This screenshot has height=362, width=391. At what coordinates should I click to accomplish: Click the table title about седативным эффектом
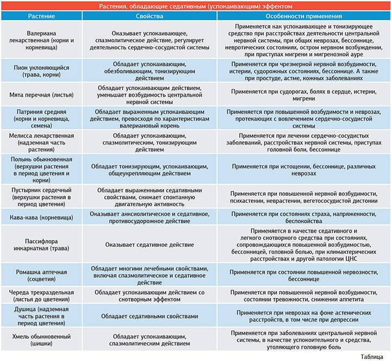(195, 5)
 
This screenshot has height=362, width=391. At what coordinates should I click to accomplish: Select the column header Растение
(41, 16)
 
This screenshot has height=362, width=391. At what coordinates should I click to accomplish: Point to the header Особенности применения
(303, 16)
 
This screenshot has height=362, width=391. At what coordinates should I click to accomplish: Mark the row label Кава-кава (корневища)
(41, 217)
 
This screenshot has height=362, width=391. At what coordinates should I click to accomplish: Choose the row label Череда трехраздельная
(41, 296)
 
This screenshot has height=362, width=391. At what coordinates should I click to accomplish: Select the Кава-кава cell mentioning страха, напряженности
(303, 217)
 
